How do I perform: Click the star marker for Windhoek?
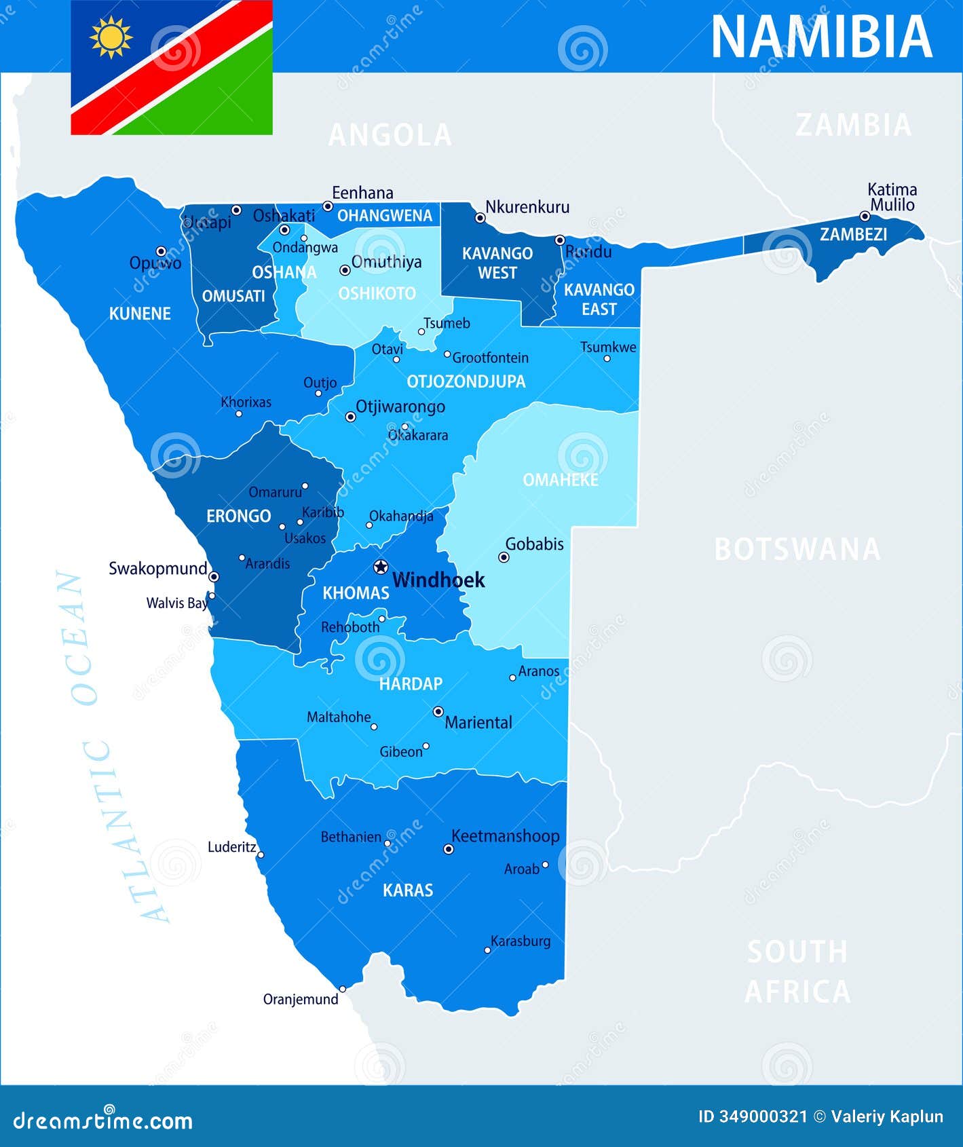point(381,567)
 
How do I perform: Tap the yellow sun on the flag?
point(111,37)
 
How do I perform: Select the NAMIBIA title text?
point(821,37)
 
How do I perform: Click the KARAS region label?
point(407,890)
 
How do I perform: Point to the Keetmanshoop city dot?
point(448,848)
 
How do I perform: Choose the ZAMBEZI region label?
point(853,234)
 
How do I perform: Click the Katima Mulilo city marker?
point(865,217)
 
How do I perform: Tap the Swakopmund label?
point(157,568)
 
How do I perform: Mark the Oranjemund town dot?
point(343,989)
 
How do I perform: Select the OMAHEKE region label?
point(560,480)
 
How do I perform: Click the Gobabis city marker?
point(504,557)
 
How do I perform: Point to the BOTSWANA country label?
point(797,549)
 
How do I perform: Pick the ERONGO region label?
point(238,516)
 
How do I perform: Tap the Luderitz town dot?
point(261,855)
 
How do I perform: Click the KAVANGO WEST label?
point(497,263)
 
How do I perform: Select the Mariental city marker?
point(438,711)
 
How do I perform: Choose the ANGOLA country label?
point(390,135)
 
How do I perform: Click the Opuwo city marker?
point(162,251)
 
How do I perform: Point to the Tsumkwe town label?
point(608,347)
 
